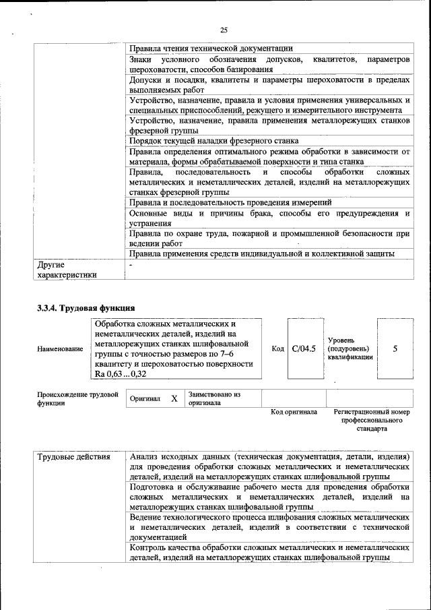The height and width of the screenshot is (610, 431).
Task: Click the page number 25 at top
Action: pyautogui.click(x=224, y=30)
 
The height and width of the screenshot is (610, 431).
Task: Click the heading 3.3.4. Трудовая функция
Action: pyautogui.click(x=86, y=309)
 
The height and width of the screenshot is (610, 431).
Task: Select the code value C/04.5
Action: pyautogui.click(x=304, y=348)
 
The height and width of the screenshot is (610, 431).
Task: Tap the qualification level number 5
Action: pyautogui.click(x=395, y=348)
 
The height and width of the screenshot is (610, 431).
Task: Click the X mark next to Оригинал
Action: pyautogui.click(x=174, y=398)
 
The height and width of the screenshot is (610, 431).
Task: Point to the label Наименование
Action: pyautogui.click(x=61, y=349)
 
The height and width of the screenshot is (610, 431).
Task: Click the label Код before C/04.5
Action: pyautogui.click(x=277, y=348)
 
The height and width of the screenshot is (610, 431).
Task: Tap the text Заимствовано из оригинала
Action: pyautogui.click(x=214, y=398)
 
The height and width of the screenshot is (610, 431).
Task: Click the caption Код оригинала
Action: pyautogui.click(x=294, y=412)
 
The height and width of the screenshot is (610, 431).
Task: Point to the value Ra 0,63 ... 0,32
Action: pyautogui.click(x=121, y=373)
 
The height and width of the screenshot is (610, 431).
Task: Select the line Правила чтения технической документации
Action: pyautogui.click(x=211, y=48)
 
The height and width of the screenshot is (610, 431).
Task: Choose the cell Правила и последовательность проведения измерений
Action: pyautogui.click(x=230, y=202)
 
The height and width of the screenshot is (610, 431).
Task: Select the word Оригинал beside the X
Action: pyautogui.click(x=145, y=399)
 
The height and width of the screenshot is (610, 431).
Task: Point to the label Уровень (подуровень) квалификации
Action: pyautogui.click(x=348, y=348)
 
